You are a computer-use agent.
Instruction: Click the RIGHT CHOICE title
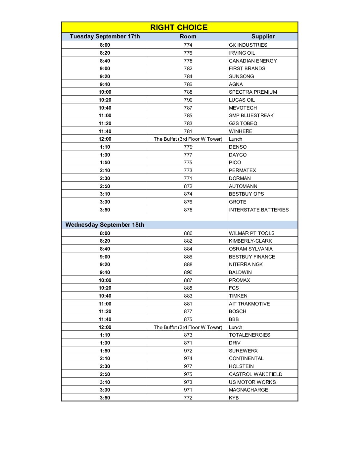tap(179, 27)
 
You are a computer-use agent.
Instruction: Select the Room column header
tap(188, 36)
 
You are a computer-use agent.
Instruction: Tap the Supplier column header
tap(263, 36)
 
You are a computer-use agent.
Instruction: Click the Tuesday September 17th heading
tap(105, 36)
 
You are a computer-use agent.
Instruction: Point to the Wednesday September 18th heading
tap(105, 225)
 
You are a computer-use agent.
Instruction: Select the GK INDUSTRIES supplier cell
tap(248, 45)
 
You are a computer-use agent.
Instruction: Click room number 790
tap(188, 100)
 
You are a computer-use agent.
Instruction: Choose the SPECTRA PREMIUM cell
tap(253, 92)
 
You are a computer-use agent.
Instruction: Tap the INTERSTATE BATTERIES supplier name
tap(259, 210)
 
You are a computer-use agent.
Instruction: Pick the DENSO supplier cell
tap(238, 147)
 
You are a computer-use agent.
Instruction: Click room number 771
tap(188, 178)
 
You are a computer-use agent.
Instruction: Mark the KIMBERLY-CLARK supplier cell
tap(250, 241)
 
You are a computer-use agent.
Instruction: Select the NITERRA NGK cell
tap(246, 264)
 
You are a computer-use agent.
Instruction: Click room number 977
tap(188, 366)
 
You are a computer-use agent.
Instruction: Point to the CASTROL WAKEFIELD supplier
tap(256, 374)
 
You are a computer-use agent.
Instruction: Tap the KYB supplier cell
tap(234, 398)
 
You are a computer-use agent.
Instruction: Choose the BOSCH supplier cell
tap(238, 311)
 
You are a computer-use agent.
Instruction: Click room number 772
tap(188, 398)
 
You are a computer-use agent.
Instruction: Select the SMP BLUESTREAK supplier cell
tap(251, 116)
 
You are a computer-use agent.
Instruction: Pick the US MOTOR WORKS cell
tap(252, 382)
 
